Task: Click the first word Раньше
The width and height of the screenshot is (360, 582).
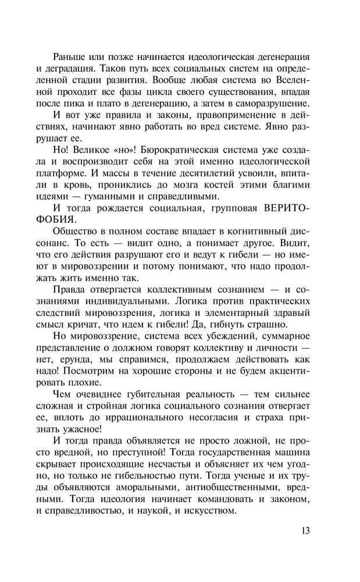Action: (x=69, y=56)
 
